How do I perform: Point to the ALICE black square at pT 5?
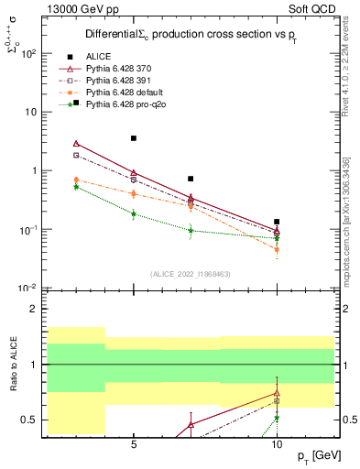click(134, 138)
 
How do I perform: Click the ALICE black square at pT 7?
click(191, 179)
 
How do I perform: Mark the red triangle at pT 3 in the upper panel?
click(76, 143)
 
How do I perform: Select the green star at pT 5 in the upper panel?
click(134, 214)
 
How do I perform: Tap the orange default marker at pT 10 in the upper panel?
click(277, 249)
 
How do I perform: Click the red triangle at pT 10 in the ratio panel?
click(277, 393)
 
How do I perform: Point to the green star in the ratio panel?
click(277, 418)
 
